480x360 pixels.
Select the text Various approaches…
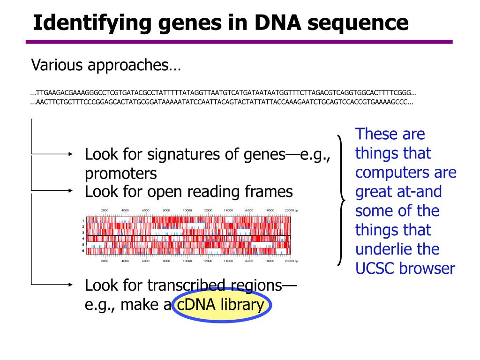pos(105,65)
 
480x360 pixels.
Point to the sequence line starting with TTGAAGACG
pos(223,93)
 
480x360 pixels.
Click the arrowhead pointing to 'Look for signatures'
pos(71,153)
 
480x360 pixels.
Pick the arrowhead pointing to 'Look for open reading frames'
pos(71,191)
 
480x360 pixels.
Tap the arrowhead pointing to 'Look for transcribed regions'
pos(71,284)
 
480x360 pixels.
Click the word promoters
pos(121,174)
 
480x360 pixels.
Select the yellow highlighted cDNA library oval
pos(221,305)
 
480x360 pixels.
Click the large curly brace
pos(341,199)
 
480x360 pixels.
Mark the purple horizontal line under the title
pos(239,42)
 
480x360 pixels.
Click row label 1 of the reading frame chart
pos(83,220)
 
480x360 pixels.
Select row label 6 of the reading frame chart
pos(83,251)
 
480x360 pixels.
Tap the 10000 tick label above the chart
pos(187,210)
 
